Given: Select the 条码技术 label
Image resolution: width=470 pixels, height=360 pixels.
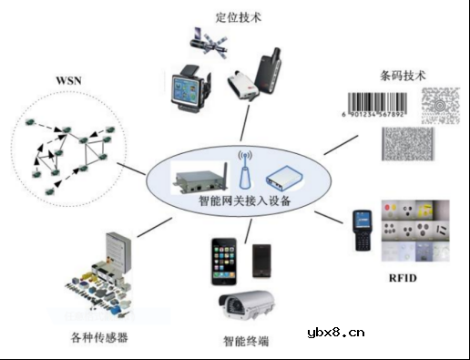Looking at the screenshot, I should [x=402, y=74].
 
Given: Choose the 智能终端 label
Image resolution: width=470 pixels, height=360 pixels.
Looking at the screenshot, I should [x=249, y=344].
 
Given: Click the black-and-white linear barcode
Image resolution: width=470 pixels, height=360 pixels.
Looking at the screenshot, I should [x=379, y=108].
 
